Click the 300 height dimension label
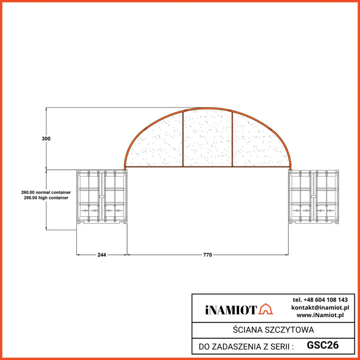46,139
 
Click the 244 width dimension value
102,255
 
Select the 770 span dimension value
207,255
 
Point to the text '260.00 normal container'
46,192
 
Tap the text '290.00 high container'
46,198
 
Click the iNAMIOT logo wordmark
231,310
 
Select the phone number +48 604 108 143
320,300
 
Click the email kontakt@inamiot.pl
320,307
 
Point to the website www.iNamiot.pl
320,315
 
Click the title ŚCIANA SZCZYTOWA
274,330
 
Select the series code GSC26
323,346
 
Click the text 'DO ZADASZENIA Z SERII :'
246,346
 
